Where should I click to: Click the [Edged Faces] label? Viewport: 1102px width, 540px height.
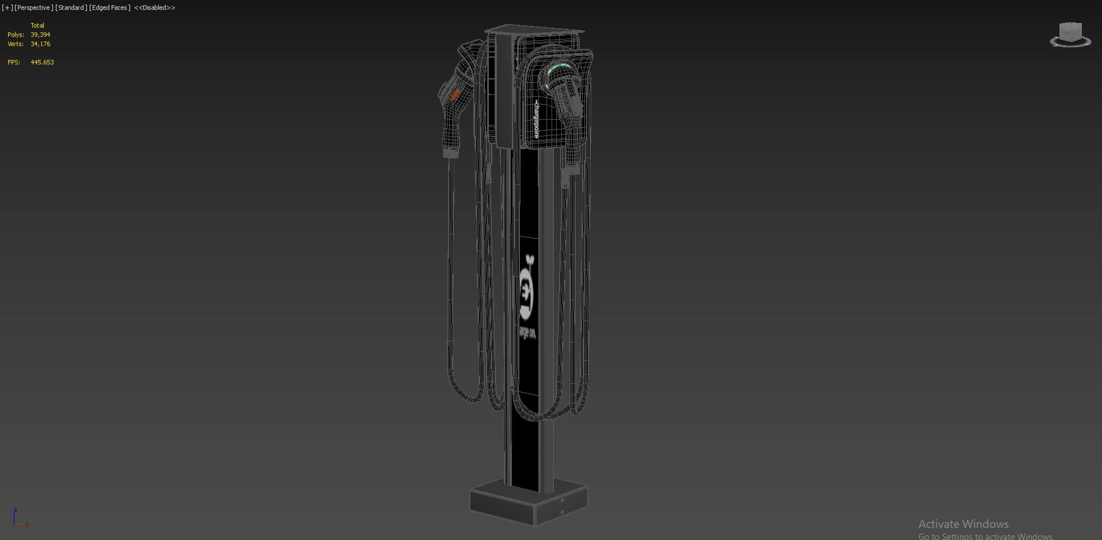tap(110, 7)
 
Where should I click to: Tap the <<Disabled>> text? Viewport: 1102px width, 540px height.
tap(154, 7)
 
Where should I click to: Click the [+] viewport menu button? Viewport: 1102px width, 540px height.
tap(7, 7)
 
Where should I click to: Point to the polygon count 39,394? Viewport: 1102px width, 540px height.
tap(40, 35)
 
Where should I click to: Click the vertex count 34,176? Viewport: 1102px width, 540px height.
tap(40, 44)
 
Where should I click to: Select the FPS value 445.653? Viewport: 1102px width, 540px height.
tap(42, 62)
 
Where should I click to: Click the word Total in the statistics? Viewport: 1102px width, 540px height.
tap(37, 25)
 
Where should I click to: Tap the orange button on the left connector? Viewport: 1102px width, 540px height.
tap(455, 94)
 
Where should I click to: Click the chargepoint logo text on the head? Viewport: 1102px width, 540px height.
tap(536, 119)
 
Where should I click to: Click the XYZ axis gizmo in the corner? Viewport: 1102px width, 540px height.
tap(20, 518)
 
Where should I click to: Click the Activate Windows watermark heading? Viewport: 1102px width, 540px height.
tap(963, 524)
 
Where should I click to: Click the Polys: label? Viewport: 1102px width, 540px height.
tap(16, 35)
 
